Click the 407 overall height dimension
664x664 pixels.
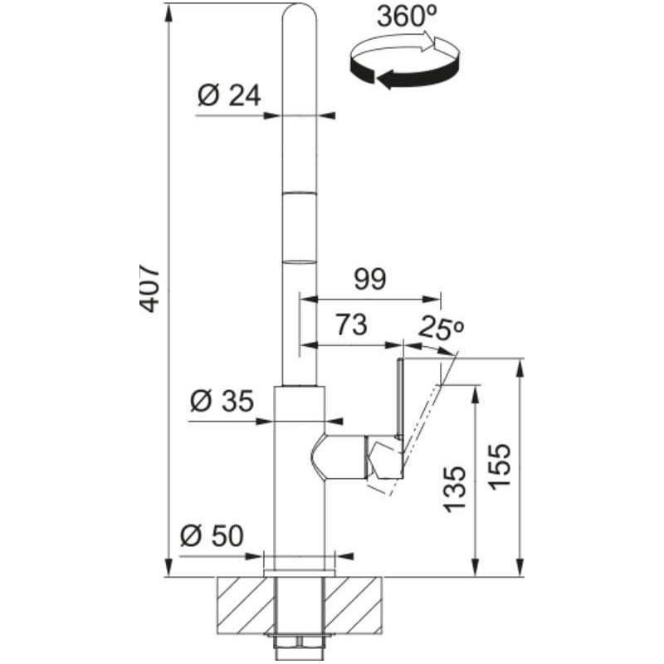(149, 290)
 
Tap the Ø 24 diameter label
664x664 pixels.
(229, 95)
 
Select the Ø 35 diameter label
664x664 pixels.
(222, 401)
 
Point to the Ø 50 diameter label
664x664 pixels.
(212, 535)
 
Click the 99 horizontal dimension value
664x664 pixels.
(370, 280)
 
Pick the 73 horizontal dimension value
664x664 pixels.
(351, 325)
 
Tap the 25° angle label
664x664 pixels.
(442, 329)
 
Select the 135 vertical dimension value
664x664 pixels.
(455, 490)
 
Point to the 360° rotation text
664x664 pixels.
(407, 17)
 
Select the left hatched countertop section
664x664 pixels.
(246, 606)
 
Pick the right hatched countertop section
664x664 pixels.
(354, 606)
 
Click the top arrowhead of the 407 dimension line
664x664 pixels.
(168, 13)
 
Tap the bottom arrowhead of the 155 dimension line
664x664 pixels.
(520, 567)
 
